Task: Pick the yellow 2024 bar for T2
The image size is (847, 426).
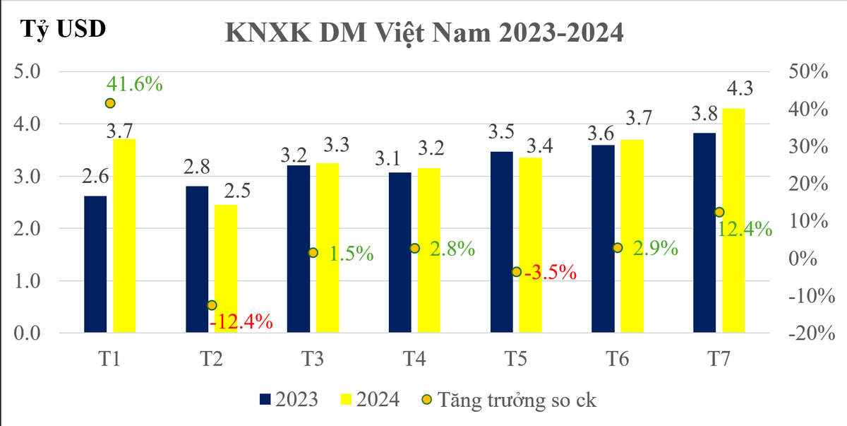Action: click(x=226, y=268)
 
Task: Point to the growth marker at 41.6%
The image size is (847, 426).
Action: click(x=110, y=103)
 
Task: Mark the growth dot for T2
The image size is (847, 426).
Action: click(x=212, y=305)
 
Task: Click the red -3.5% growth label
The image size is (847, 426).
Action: click(x=549, y=272)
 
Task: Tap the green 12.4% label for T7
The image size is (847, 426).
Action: click(x=744, y=230)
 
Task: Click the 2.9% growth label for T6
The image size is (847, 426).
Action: click(x=655, y=249)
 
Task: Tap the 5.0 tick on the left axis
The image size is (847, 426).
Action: click(x=28, y=71)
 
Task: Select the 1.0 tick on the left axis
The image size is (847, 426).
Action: click(x=28, y=281)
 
